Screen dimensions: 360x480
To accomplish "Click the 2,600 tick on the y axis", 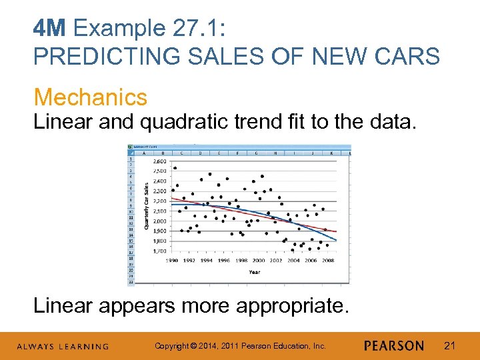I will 160,161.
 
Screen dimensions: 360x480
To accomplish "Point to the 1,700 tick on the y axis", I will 160,251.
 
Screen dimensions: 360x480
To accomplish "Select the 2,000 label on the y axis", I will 160,221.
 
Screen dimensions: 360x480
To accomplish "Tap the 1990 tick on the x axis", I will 172,261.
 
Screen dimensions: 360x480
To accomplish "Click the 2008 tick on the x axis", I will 328,261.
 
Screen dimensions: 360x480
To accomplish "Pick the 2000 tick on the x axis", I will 259,261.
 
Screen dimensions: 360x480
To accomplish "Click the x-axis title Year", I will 255,272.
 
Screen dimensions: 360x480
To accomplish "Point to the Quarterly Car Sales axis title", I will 147,206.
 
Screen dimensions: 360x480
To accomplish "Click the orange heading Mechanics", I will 91,97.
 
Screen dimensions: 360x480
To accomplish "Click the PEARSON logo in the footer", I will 394,345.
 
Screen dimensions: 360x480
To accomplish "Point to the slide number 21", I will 449,345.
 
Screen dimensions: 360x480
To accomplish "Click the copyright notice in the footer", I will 240,345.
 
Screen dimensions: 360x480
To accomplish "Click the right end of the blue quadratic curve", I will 336,240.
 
